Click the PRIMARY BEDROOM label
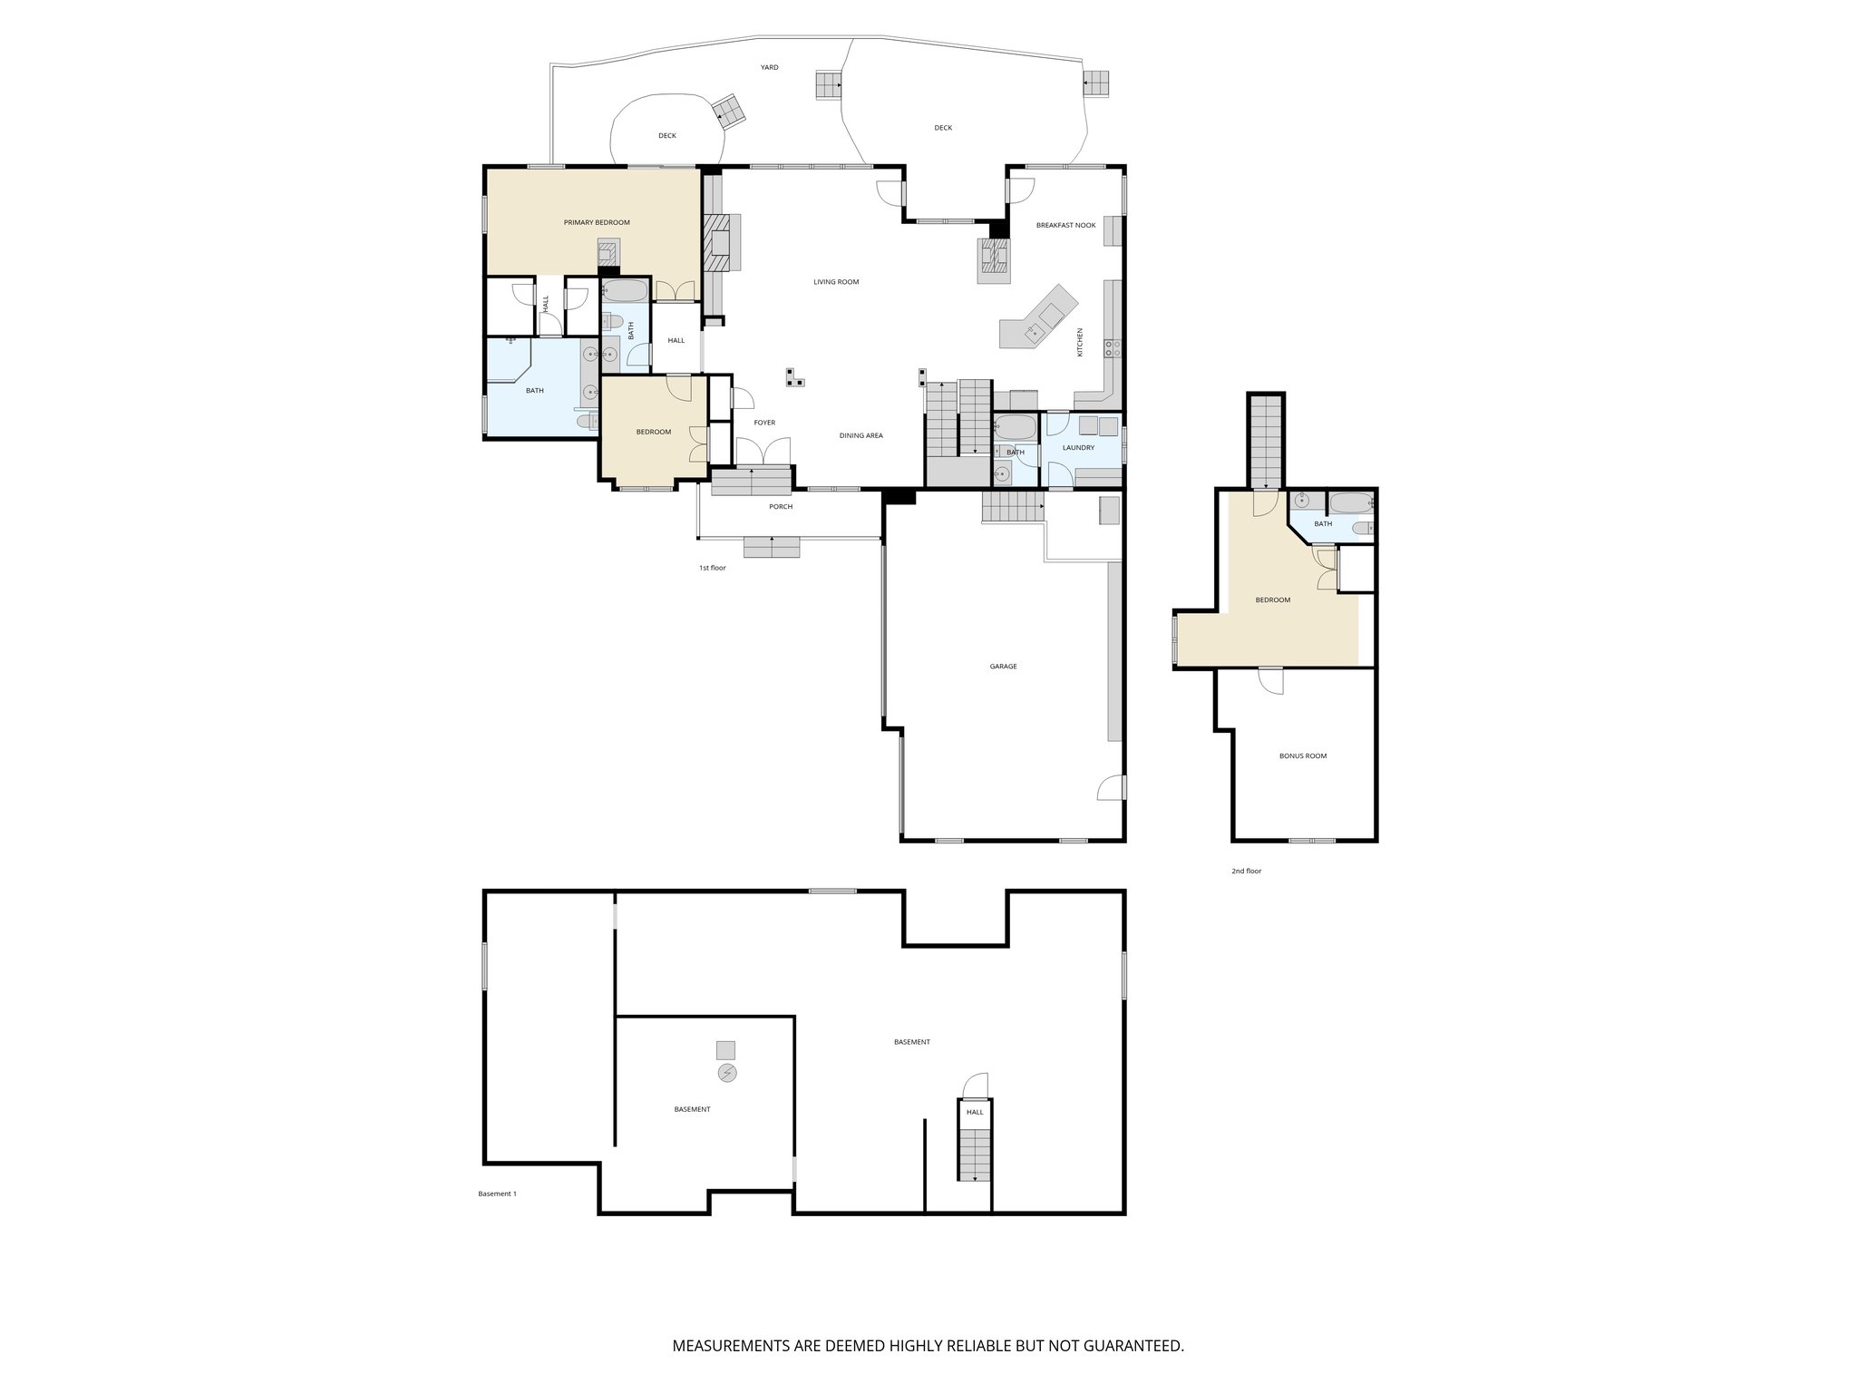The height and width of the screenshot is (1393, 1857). [x=596, y=222]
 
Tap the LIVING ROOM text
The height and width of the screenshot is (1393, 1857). [x=835, y=282]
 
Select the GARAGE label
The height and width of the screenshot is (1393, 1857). [x=1003, y=667]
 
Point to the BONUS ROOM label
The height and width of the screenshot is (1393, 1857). [x=1302, y=755]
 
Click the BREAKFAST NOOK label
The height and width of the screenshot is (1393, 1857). [x=1065, y=225]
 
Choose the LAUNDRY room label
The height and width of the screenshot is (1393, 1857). [x=1078, y=447]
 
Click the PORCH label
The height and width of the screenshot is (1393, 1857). [x=781, y=506]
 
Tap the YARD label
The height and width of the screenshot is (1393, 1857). [x=769, y=67]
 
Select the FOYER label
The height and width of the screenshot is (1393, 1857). [x=764, y=423]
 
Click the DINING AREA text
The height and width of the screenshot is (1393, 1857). [x=860, y=435]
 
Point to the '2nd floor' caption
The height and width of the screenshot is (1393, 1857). [x=1246, y=871]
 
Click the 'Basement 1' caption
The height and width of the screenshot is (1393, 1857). [x=497, y=1193]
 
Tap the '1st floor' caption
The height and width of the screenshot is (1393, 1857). [x=712, y=568]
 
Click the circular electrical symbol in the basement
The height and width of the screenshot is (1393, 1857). [x=726, y=1074]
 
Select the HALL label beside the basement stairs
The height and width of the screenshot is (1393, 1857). [x=975, y=1112]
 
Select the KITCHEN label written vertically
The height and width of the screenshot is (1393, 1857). [x=1080, y=342]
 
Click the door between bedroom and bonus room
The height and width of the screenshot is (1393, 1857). [x=1271, y=680]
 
